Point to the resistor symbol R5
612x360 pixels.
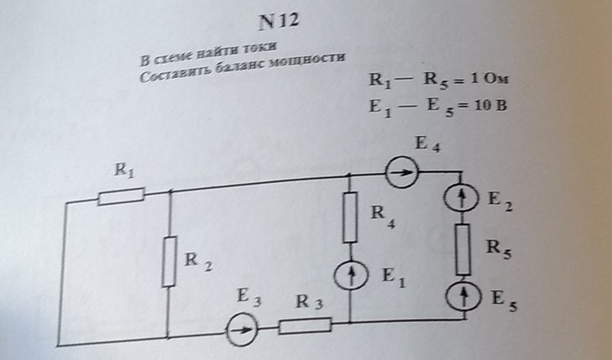click(463, 249)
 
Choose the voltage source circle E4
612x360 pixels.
click(403, 175)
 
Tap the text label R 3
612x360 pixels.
click(306, 305)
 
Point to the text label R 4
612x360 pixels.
click(383, 216)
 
